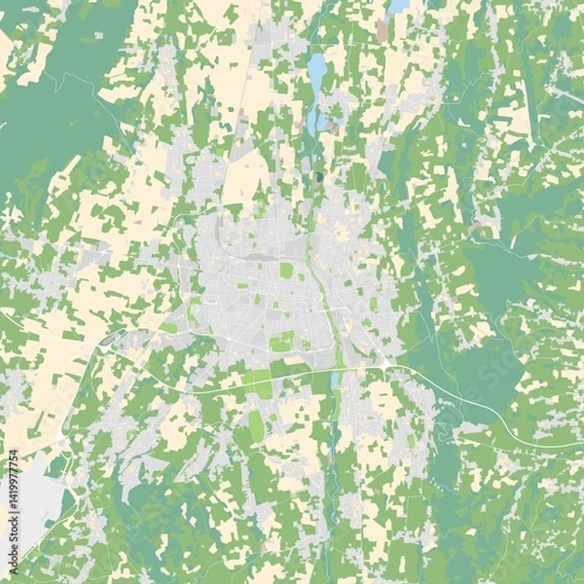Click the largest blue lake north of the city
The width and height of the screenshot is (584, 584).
pyautogui.click(x=317, y=70)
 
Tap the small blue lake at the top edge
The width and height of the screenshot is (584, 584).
pyautogui.click(x=398, y=6)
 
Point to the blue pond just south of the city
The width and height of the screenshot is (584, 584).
pyautogui.click(x=335, y=378)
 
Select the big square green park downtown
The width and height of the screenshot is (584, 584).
pyautogui.click(x=286, y=270)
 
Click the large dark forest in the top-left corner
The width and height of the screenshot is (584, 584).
pyautogui.click(x=49, y=117)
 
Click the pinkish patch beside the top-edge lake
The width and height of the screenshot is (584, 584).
pyautogui.click(x=383, y=32)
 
